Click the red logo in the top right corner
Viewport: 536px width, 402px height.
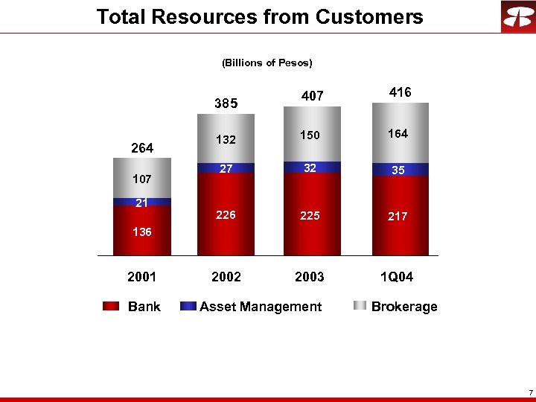tap(517, 17)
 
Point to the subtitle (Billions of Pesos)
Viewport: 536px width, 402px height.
tap(267, 63)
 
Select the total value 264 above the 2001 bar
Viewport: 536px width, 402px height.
tap(142, 148)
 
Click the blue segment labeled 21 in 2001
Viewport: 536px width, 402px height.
tap(142, 202)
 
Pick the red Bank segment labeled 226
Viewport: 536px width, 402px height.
tap(226, 215)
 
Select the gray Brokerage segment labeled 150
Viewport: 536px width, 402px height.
tap(310, 135)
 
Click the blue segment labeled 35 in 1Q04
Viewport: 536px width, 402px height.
tap(398, 170)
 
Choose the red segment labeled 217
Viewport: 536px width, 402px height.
tap(398, 217)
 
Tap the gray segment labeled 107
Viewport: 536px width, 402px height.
tap(142, 179)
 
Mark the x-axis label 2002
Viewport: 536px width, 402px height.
tap(226, 277)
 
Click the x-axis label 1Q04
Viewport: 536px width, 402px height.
tap(396, 277)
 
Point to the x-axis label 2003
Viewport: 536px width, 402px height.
tap(310, 277)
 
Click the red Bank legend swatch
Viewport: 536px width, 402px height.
tap(111, 307)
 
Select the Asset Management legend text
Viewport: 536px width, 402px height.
tap(261, 307)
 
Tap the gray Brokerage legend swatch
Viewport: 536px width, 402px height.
tap(360, 307)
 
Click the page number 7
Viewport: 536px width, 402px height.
tap(529, 392)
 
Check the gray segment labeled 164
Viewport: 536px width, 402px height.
tap(398, 134)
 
